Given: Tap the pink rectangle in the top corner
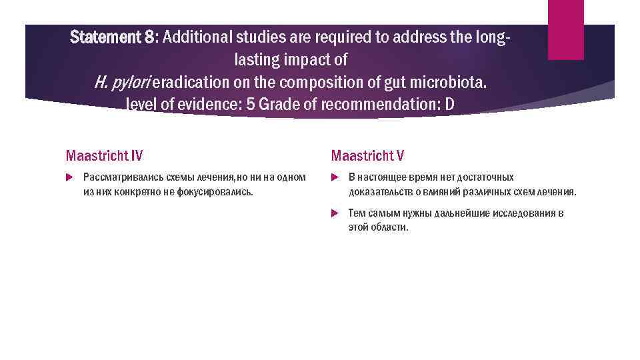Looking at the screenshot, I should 565,29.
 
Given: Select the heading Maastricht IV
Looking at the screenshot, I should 104,156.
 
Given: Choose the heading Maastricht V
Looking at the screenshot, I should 367,156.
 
